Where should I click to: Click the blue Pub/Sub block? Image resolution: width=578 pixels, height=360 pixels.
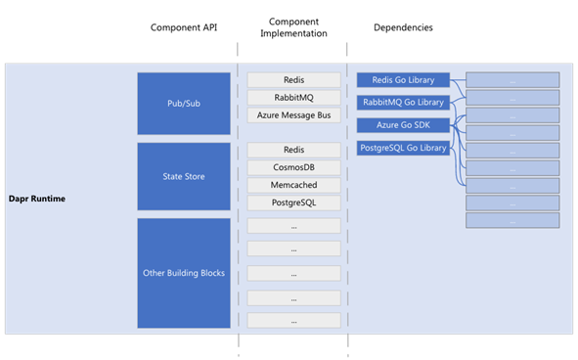point(183,103)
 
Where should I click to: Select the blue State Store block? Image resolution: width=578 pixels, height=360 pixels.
point(183,176)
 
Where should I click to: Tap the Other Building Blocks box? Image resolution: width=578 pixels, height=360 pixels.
point(183,273)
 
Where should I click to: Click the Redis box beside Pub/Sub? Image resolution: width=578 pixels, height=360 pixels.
point(293,80)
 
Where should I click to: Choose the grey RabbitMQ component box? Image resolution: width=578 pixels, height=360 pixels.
point(293,98)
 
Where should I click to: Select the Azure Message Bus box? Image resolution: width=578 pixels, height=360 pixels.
point(293,115)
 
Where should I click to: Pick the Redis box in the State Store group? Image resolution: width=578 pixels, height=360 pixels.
point(293,150)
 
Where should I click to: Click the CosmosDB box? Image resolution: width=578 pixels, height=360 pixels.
point(293,167)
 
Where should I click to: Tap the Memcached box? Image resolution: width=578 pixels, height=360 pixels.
point(293,185)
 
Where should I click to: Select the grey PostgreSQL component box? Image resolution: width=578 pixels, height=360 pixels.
point(293,202)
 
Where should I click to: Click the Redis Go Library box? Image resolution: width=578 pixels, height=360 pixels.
point(402,79)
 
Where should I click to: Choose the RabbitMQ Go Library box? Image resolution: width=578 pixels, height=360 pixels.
point(402,102)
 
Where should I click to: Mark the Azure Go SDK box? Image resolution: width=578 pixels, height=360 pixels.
point(402,125)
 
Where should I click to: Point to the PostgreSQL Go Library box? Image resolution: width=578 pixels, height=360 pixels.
point(402,148)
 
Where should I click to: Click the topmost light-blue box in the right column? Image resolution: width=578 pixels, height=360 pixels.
point(512,80)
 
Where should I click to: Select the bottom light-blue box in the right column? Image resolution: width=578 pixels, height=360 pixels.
point(512,220)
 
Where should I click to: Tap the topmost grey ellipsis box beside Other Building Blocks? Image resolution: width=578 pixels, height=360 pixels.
point(293,226)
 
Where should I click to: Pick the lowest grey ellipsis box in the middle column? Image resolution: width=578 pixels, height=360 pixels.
point(293,320)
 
